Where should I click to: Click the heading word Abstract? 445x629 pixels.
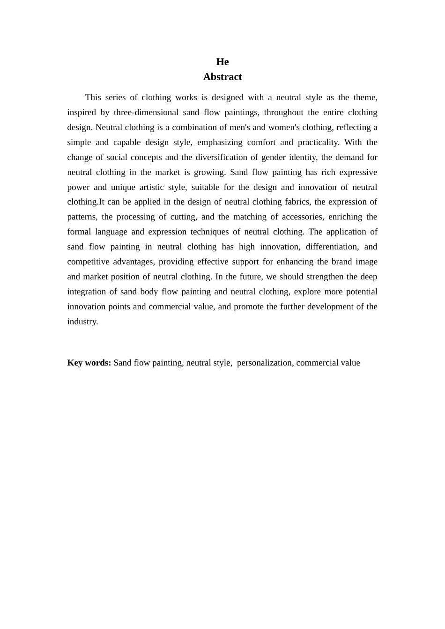pyautogui.click(x=222, y=77)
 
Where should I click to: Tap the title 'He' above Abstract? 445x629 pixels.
pyautogui.click(x=222, y=62)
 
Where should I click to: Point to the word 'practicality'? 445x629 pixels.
pyautogui.click(x=319, y=142)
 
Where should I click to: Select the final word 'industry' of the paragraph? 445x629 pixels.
pyautogui.click(x=82, y=322)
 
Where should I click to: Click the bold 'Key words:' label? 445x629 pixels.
pyautogui.click(x=89, y=363)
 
